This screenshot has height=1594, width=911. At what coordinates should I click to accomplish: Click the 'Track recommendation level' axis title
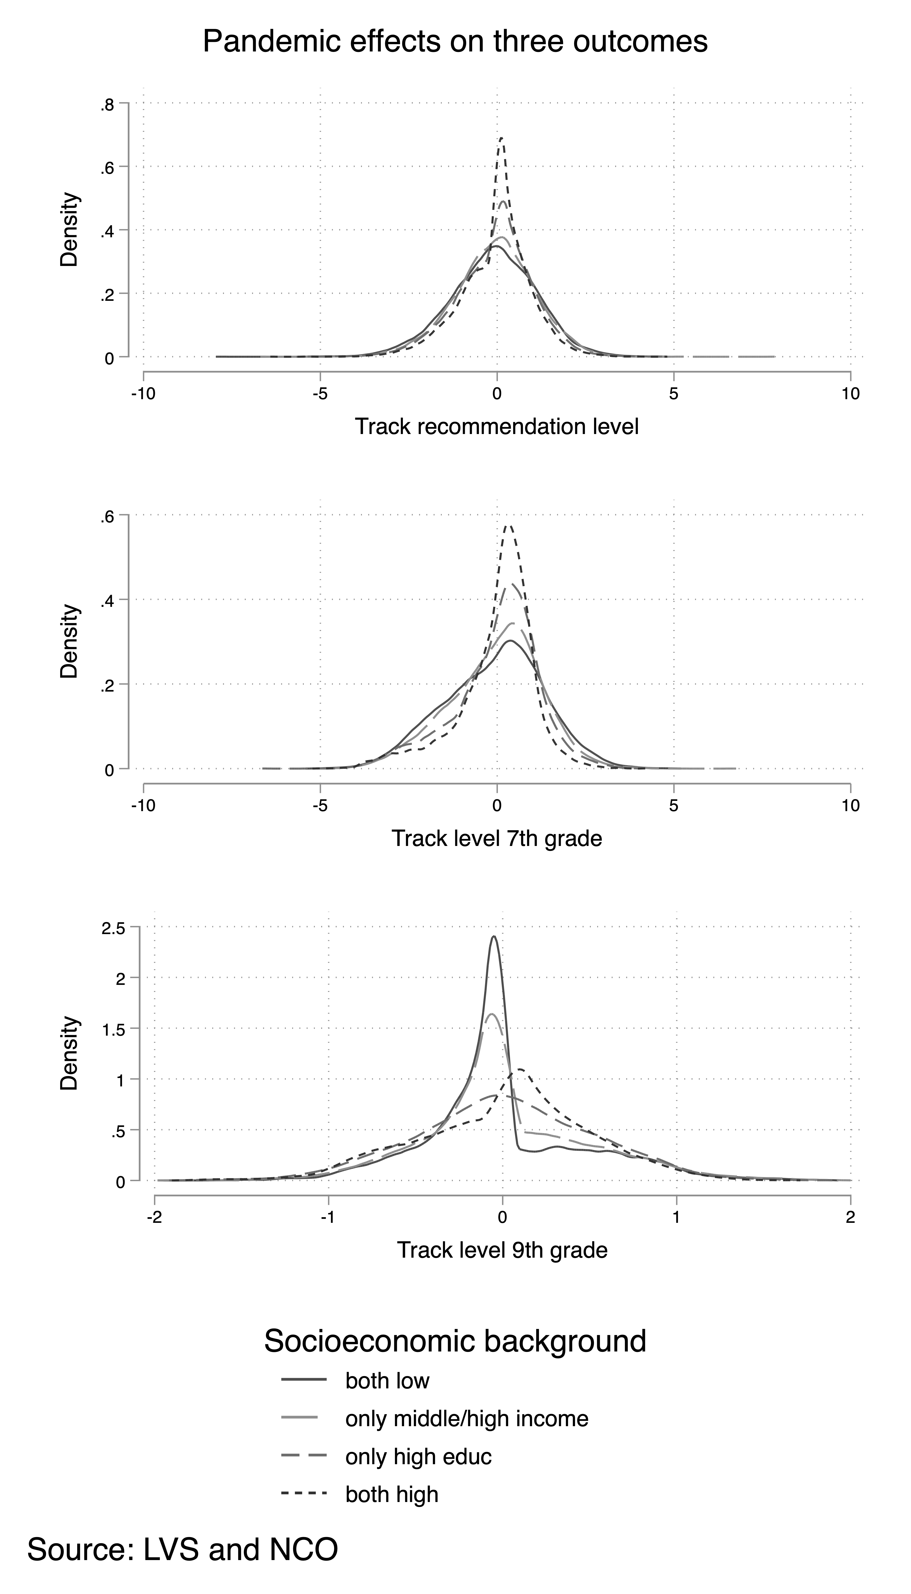(497, 427)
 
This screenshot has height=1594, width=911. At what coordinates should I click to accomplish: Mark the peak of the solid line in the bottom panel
(494, 937)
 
